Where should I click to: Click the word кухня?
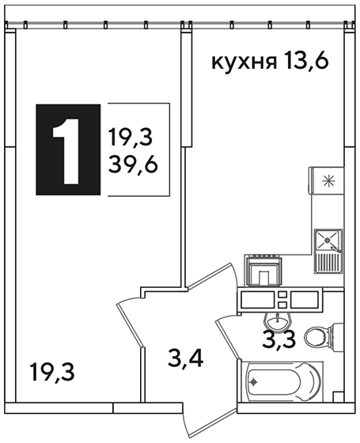(x=244, y=62)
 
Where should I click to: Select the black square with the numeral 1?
(x=68, y=150)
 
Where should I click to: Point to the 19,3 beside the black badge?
(x=131, y=138)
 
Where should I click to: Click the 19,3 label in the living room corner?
(x=53, y=373)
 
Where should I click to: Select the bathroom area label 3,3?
(x=279, y=339)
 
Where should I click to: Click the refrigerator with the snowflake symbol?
(x=327, y=180)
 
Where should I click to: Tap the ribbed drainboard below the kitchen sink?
(x=328, y=263)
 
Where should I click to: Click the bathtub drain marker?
(x=254, y=382)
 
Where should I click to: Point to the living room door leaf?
(x=131, y=324)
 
